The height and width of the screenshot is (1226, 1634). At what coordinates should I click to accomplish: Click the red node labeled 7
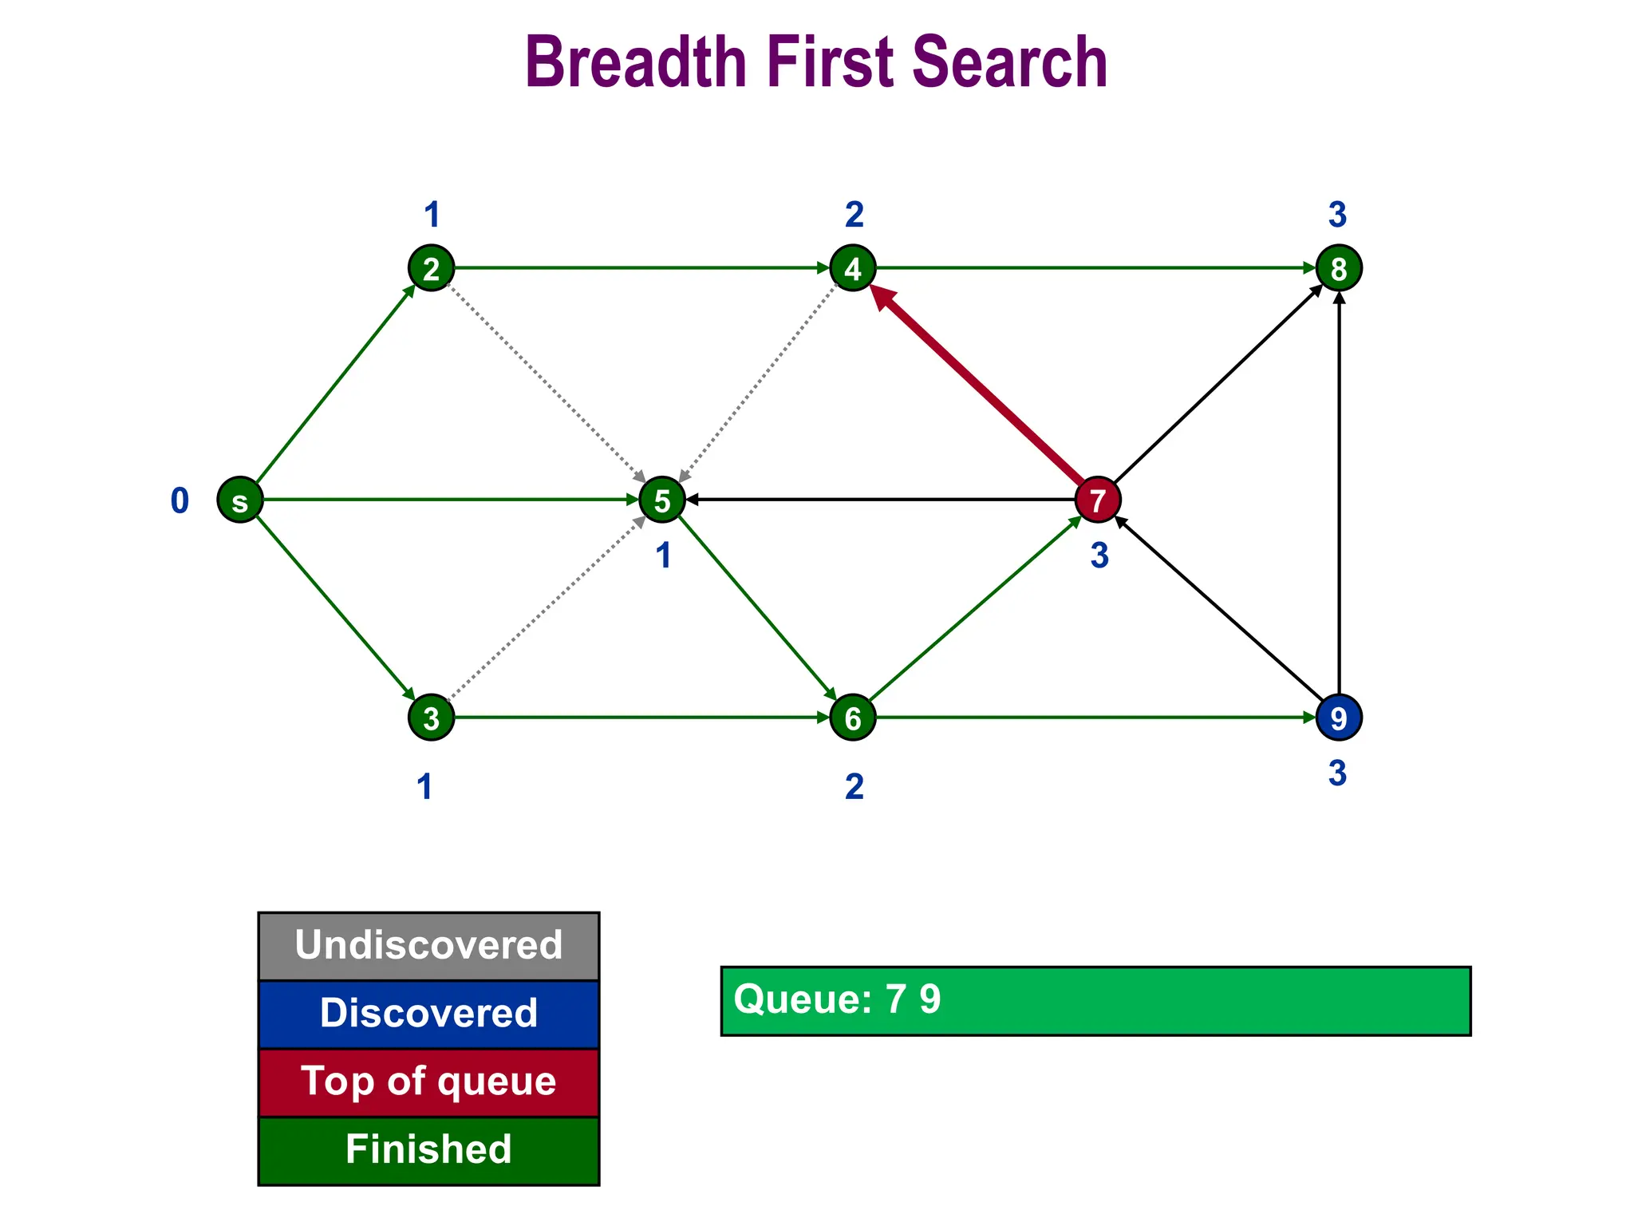coord(1098,500)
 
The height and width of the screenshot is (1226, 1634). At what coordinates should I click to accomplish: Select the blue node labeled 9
coord(1338,718)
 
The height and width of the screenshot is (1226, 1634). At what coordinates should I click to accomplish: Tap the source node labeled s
coord(240,500)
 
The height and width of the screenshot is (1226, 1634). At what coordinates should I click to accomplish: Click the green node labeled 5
coord(662,500)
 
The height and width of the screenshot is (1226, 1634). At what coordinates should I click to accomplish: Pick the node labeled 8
coord(1338,268)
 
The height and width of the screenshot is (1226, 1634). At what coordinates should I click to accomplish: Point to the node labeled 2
coord(432,268)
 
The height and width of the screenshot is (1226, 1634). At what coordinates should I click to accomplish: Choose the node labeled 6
coord(853,718)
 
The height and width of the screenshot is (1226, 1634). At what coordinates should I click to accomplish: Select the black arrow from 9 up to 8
coord(1339,495)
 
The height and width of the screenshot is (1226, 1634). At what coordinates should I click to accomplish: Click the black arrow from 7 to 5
coord(878,500)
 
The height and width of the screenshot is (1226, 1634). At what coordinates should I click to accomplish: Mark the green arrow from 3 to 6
coord(638,718)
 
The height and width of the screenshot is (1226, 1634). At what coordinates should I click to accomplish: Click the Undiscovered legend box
coord(428,946)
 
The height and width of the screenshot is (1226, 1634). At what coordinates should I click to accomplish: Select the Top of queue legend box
coord(428,1082)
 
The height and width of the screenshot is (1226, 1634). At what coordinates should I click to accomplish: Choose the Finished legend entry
coord(428,1150)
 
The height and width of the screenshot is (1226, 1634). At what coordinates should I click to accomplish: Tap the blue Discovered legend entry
coord(428,1014)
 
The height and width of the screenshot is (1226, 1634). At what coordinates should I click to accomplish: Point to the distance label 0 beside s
coord(180,501)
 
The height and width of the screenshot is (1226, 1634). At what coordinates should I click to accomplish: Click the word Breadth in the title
coord(634,62)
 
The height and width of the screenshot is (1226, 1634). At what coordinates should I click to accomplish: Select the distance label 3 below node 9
coord(1337,773)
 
